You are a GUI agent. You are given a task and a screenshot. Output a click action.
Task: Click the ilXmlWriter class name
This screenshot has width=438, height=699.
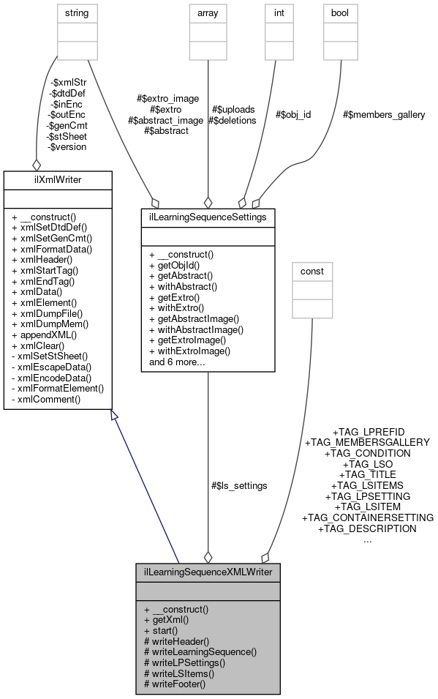point(57,179)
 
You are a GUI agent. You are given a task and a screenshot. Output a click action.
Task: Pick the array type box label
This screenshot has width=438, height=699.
point(208,12)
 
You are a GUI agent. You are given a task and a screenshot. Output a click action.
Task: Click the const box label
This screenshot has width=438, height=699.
point(312,272)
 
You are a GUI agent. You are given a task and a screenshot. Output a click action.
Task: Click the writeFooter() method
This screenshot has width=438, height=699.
point(175,684)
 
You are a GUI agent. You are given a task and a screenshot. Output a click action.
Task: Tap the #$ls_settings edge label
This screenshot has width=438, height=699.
point(238,485)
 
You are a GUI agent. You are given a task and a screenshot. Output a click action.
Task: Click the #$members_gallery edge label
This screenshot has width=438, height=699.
point(384,114)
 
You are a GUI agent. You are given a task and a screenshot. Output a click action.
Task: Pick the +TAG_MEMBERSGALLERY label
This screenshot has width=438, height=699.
point(367,442)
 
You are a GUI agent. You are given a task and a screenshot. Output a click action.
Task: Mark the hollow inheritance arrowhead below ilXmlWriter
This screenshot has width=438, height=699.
point(113,416)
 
